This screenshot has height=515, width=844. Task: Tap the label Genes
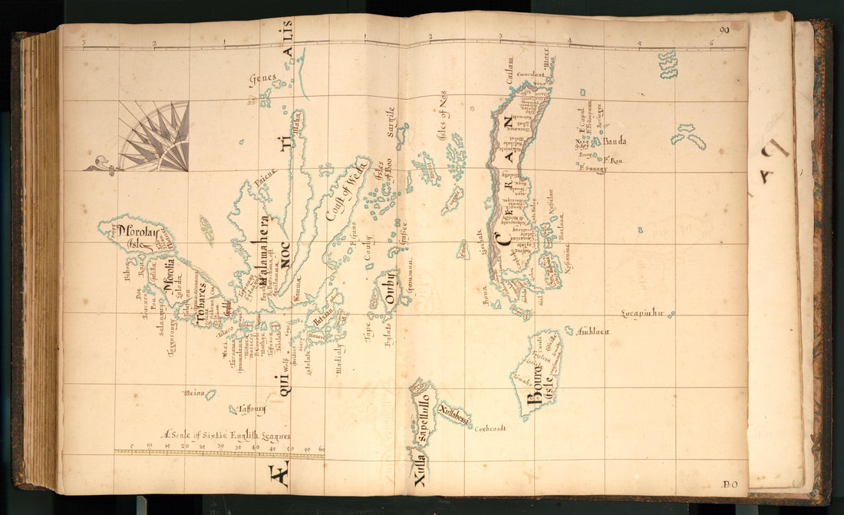click(x=262, y=78)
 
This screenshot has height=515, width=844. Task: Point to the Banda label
click(x=614, y=141)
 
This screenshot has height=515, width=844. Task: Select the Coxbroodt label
click(x=490, y=428)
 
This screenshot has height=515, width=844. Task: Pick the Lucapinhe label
click(x=646, y=314)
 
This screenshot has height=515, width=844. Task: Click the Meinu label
click(x=194, y=394)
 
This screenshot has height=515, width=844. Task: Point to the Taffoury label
click(x=252, y=409)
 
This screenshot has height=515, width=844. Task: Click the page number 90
click(x=724, y=31)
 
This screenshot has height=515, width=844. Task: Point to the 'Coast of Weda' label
click(x=345, y=190)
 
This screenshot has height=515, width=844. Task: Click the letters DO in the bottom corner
click(x=730, y=484)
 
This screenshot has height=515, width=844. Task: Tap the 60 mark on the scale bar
click(x=321, y=448)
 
